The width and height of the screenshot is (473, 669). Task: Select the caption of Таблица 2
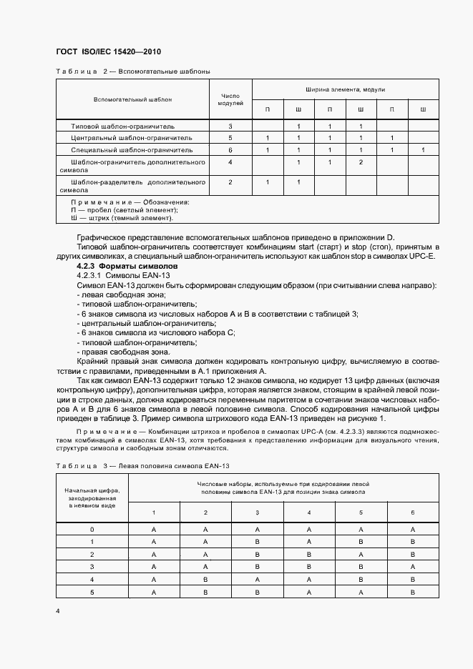tap(132, 72)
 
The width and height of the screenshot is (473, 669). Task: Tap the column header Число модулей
tap(230, 99)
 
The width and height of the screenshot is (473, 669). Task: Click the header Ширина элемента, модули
tap(345, 90)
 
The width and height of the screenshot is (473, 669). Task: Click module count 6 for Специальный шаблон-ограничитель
tap(230, 150)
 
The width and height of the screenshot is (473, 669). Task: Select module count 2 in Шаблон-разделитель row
tap(230, 182)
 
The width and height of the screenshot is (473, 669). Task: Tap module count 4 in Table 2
tap(230, 163)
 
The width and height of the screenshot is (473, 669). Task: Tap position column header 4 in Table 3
tap(309, 512)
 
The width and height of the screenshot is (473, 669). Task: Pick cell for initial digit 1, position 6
tap(412, 542)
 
